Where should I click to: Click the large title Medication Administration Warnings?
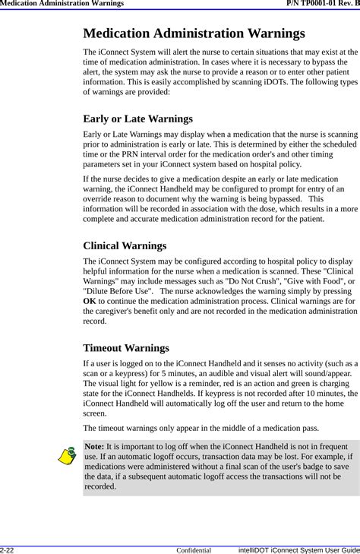coord(194,33)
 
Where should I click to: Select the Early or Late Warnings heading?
coord(137,119)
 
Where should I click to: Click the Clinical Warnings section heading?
coord(125,245)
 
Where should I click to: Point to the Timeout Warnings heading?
coord(126,347)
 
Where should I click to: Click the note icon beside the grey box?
coord(69,457)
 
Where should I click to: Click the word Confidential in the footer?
coord(194,549)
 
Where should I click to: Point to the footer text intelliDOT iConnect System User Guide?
coord(298,549)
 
